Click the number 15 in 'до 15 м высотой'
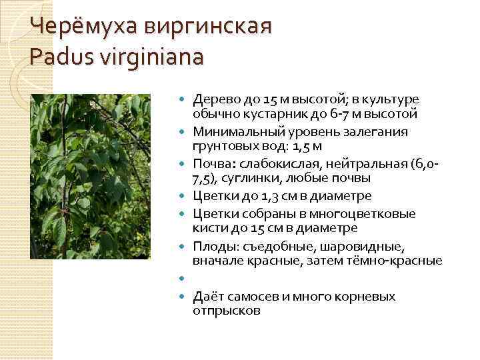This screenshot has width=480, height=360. tap(271, 99)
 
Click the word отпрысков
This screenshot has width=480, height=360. tap(227, 311)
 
